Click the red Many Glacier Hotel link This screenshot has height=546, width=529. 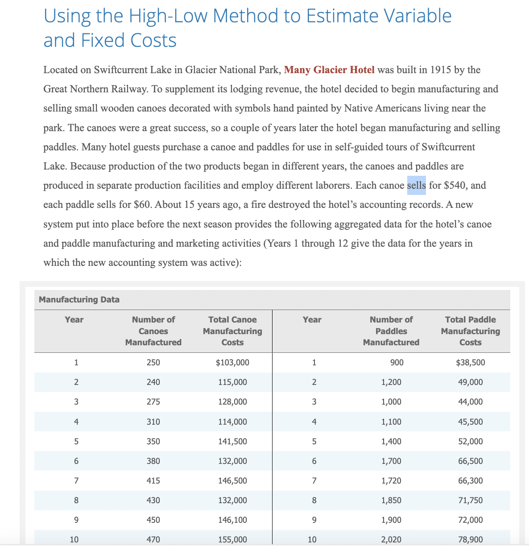pyautogui.click(x=329, y=70)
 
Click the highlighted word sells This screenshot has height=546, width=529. pyautogui.click(x=417, y=186)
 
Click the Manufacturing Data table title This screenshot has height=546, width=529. pyautogui.click(x=79, y=299)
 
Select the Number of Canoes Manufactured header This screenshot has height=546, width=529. pyautogui.click(x=153, y=331)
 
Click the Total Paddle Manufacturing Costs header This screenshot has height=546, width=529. pyautogui.click(x=470, y=331)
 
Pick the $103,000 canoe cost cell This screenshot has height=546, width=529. pyautogui.click(x=232, y=363)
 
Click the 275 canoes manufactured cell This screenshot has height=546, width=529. pyautogui.click(x=153, y=402)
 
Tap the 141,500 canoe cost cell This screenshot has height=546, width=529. pyautogui.click(x=232, y=441)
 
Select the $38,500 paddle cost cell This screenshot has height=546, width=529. pyautogui.click(x=470, y=363)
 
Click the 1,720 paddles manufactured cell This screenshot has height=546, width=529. pyautogui.click(x=391, y=480)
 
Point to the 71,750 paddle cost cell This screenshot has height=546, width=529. pyautogui.click(x=470, y=500)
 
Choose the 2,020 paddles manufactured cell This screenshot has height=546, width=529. pyautogui.click(x=391, y=540)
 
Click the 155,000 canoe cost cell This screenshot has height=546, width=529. pyautogui.click(x=232, y=540)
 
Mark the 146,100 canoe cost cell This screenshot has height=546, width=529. pyautogui.click(x=232, y=520)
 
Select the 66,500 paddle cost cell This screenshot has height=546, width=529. pyautogui.click(x=470, y=461)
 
